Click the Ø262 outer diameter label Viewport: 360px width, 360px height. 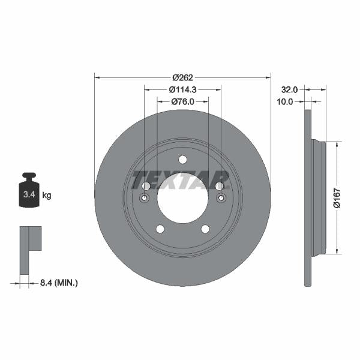[182, 77]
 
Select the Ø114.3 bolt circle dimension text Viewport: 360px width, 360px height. [182, 89]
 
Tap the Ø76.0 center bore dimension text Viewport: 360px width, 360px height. [182, 101]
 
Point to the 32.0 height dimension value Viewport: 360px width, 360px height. [290, 89]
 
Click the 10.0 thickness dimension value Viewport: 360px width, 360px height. [285, 101]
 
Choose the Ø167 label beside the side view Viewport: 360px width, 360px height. [337, 197]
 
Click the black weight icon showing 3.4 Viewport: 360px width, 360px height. [29, 191]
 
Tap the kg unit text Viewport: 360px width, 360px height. [46, 195]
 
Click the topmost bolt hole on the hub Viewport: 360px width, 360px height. [182, 159]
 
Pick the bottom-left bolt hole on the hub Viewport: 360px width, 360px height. [160, 229]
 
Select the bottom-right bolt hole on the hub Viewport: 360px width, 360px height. [205, 229]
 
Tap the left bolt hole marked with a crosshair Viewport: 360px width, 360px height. [145, 199]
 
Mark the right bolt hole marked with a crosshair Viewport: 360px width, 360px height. [220, 199]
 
